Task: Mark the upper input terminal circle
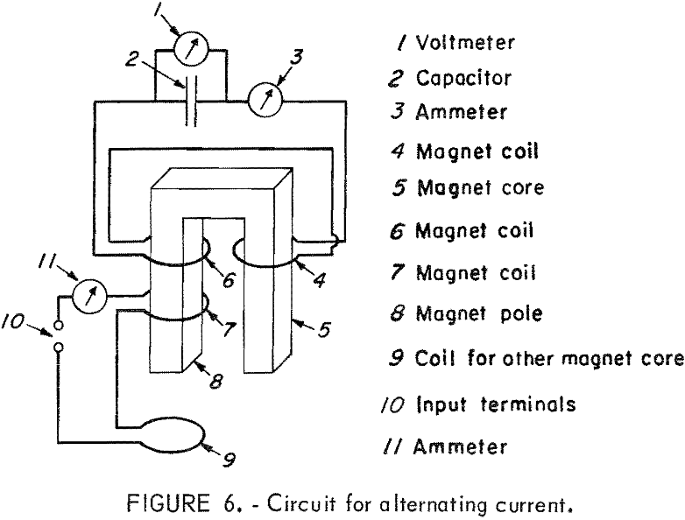[x=59, y=324]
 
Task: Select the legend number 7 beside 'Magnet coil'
[x=398, y=272]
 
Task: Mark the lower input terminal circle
[x=59, y=348]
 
